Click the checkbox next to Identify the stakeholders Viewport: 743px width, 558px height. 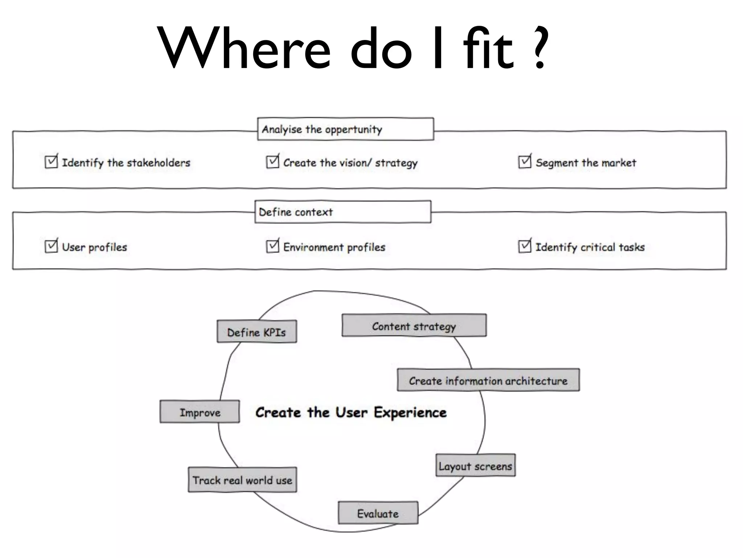(51, 162)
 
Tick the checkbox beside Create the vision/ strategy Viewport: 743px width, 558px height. (272, 162)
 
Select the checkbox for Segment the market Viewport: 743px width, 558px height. (525, 162)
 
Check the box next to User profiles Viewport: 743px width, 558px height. (51, 246)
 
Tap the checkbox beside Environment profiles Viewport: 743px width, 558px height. (272, 246)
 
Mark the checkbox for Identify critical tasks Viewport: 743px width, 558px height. (525, 246)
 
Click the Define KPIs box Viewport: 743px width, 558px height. (257, 331)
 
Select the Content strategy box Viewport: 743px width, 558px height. (414, 325)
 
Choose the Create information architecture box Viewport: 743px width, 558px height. (488, 380)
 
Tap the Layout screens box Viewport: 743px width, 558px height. (476, 465)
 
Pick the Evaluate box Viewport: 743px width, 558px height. (378, 513)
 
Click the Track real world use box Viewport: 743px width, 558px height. (242, 480)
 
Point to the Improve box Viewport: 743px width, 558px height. (200, 412)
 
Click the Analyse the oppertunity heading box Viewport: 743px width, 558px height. (345, 129)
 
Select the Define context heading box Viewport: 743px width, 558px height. (343, 212)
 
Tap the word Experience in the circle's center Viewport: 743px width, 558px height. (410, 413)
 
